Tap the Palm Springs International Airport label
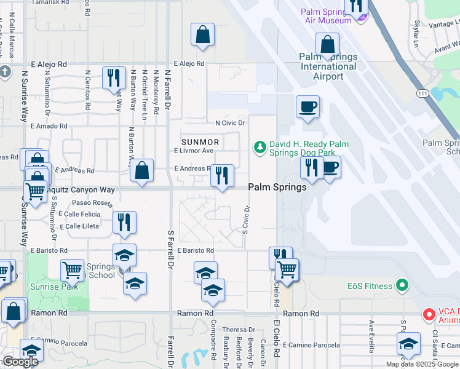328,66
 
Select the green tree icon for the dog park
260,146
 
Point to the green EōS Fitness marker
403,285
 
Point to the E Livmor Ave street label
194,151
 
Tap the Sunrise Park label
54,287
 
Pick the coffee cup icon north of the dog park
307,107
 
